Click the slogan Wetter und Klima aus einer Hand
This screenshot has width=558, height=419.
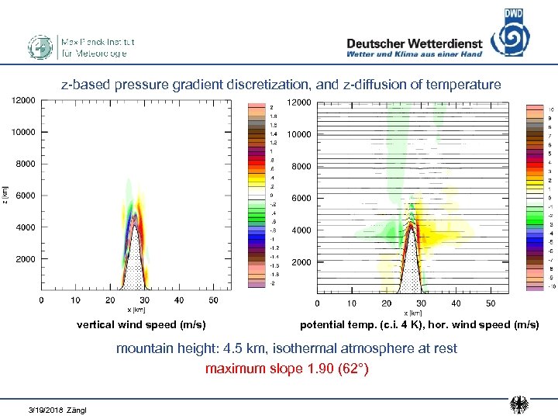tap(414, 54)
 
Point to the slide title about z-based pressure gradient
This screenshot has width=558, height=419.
tap(281, 84)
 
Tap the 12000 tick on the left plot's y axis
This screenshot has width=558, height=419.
tap(23, 100)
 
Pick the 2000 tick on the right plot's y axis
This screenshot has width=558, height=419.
tap(301, 262)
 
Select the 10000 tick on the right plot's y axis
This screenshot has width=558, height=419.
tap(299, 134)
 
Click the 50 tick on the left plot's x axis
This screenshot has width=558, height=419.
tap(213, 300)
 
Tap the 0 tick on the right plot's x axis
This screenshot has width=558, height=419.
tap(317, 303)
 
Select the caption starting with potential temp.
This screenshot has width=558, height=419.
tap(419, 324)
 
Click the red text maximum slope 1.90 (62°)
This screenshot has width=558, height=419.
tap(287, 368)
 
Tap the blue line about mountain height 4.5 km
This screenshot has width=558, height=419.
tap(287, 348)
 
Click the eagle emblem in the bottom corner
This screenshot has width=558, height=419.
tap(519, 405)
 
